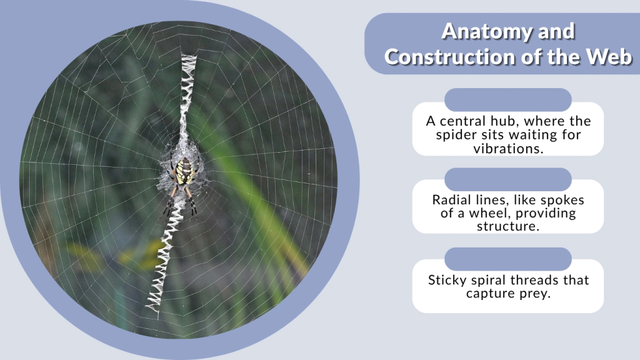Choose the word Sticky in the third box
(449, 280)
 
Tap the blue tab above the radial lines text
(508, 179)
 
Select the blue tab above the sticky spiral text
(508, 259)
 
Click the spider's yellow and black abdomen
(183, 171)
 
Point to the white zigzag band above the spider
(186, 94)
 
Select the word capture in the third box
(488, 294)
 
